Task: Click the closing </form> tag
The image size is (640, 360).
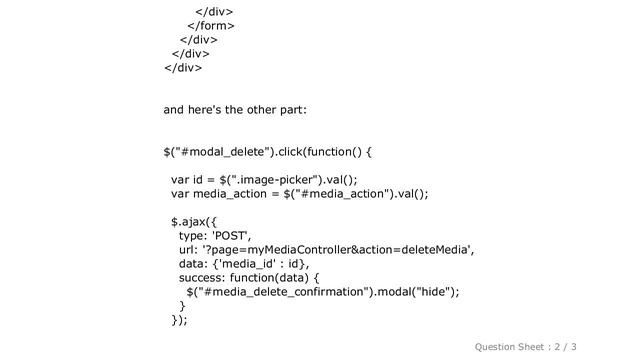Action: point(211,25)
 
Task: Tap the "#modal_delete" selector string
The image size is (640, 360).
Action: point(217,152)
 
